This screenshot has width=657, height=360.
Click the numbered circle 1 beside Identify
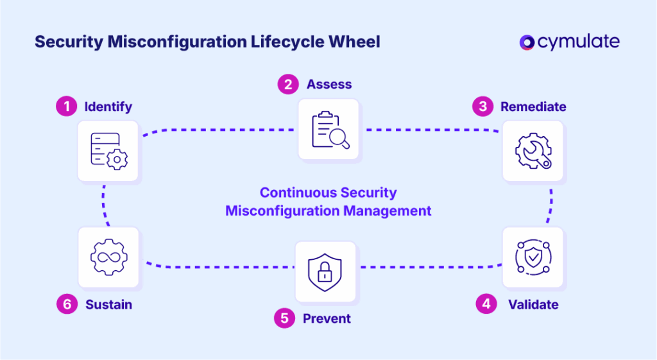(65, 106)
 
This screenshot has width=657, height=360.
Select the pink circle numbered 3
(482, 106)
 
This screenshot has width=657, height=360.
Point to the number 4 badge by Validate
(486, 304)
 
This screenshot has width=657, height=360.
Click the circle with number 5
(284, 318)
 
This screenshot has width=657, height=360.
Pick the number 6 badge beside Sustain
(66, 304)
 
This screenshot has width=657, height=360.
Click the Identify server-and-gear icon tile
(108, 151)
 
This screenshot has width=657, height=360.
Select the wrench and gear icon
(533, 151)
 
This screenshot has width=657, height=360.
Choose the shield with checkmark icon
(533, 257)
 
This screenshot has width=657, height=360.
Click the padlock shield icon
(325, 271)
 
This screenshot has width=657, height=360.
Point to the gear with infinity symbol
(108, 257)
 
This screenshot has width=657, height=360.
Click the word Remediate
(533, 107)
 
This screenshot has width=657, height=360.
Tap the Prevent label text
(327, 319)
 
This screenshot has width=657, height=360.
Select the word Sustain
(108, 305)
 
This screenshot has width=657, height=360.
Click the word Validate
(533, 304)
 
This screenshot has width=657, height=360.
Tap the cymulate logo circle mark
(527, 42)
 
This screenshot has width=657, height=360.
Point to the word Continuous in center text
(298, 193)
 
